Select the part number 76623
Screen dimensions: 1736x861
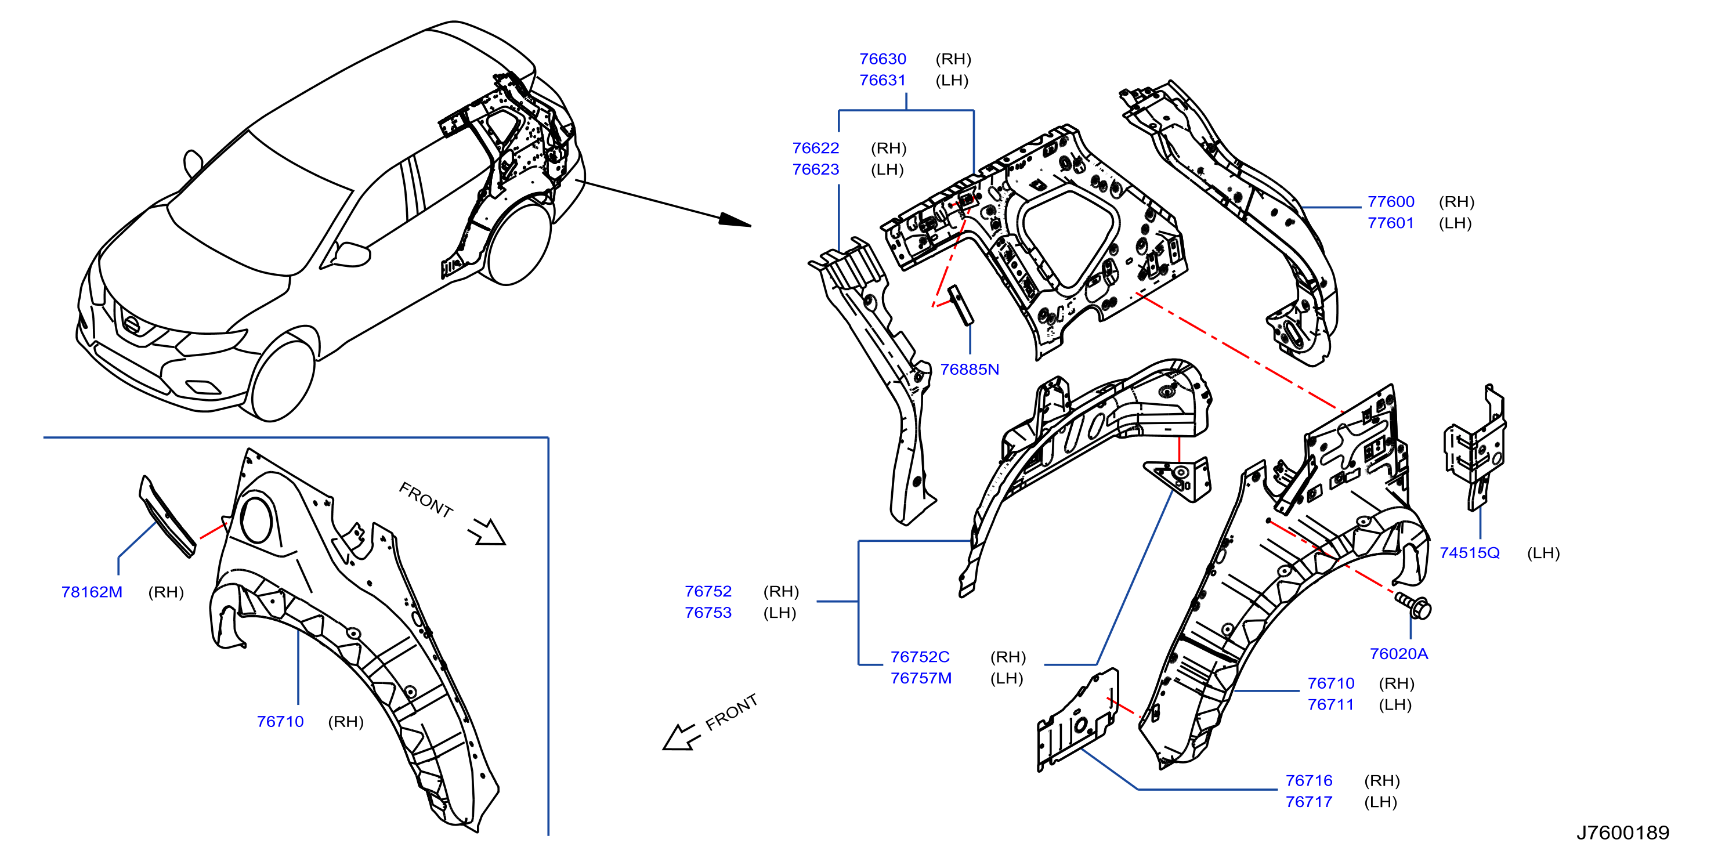click(x=815, y=169)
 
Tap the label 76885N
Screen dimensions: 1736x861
click(x=969, y=369)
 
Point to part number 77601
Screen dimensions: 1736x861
click(x=1390, y=223)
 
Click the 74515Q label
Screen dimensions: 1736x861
click(x=1469, y=553)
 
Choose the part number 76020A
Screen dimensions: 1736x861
click(x=1398, y=653)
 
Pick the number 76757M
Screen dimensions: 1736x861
click(x=921, y=678)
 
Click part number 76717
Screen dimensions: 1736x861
click(x=1309, y=802)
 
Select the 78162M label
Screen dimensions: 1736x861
click(x=92, y=592)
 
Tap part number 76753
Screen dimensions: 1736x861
click(x=708, y=613)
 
